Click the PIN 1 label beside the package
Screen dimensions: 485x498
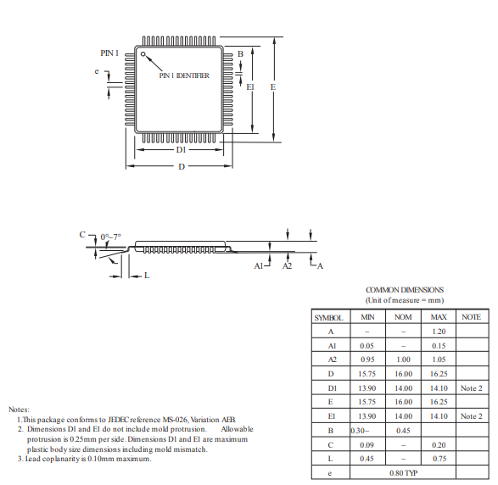pyautogui.click(x=109, y=53)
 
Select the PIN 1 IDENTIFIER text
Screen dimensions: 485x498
pyautogui.click(x=184, y=75)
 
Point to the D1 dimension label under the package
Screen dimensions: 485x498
pyautogui.click(x=181, y=149)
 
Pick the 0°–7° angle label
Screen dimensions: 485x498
pyautogui.click(x=110, y=237)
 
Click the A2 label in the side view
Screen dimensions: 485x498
pyautogui.click(x=287, y=266)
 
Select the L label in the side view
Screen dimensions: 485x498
pyautogui.click(x=147, y=276)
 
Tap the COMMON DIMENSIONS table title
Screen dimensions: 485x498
pyautogui.click(x=404, y=290)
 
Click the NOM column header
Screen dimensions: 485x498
pyautogui.click(x=403, y=317)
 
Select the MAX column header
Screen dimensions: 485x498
pyautogui.click(x=439, y=317)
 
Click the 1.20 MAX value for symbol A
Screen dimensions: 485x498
pyautogui.click(x=439, y=332)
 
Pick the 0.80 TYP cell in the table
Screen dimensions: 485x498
pyautogui.click(x=403, y=473)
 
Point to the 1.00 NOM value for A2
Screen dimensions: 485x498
pyautogui.click(x=403, y=360)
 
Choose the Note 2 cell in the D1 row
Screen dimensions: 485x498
pyautogui.click(x=471, y=388)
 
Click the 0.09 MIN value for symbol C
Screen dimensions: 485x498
pyautogui.click(x=367, y=444)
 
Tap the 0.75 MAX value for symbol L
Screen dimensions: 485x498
pyautogui.click(x=439, y=459)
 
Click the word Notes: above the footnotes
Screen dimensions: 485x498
pyautogui.click(x=19, y=410)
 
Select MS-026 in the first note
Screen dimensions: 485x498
pyautogui.click(x=177, y=420)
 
